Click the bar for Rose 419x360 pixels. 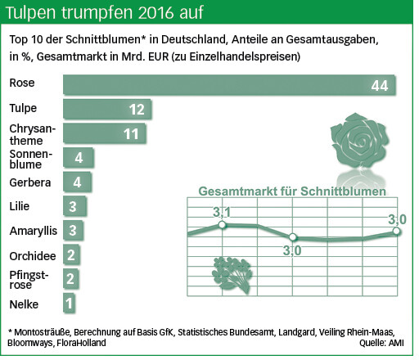point(229,84)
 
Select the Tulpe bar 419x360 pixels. point(107,109)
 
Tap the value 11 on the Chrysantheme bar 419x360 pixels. point(131,134)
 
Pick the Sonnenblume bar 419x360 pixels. point(79,157)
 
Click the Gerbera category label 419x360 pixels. point(30,182)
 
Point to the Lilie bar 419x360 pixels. point(74,206)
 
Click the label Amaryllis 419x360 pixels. point(34,231)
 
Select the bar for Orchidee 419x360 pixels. point(71,254)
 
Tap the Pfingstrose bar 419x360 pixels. point(70,279)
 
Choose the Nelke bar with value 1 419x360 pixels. point(69,303)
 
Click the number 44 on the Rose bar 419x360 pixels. point(380,86)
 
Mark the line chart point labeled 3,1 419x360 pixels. point(222,225)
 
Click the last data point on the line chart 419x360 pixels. point(396,232)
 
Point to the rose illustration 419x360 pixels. point(360,142)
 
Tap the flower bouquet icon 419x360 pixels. point(232,275)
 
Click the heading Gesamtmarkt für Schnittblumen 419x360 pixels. point(292,191)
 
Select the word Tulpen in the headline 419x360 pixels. point(32,12)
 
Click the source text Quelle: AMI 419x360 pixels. point(381,343)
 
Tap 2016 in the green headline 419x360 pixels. point(155,12)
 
